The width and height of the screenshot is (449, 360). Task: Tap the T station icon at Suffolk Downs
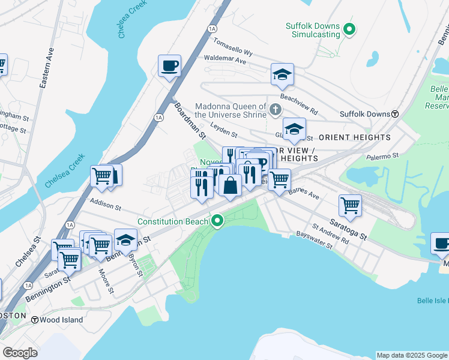click(x=395, y=114)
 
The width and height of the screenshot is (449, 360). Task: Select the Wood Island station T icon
click(x=35, y=320)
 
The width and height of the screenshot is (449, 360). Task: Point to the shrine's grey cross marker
click(x=275, y=109)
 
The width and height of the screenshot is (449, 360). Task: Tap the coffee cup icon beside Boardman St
click(x=170, y=65)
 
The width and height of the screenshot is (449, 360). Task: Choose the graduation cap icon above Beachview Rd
click(x=282, y=75)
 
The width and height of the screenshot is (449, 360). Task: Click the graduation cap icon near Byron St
click(x=125, y=240)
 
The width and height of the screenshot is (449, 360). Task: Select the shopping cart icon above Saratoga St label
click(x=350, y=205)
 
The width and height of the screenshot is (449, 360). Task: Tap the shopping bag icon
click(x=230, y=185)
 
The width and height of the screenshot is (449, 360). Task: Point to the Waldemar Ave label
click(x=225, y=61)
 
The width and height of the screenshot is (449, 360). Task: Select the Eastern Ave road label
click(x=43, y=73)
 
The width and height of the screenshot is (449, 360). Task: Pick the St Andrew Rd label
click(x=330, y=234)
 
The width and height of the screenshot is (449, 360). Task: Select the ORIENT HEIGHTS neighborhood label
click(x=355, y=137)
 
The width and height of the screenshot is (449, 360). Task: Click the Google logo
click(x=20, y=353)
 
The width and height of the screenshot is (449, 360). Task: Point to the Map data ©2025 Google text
click(x=412, y=355)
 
